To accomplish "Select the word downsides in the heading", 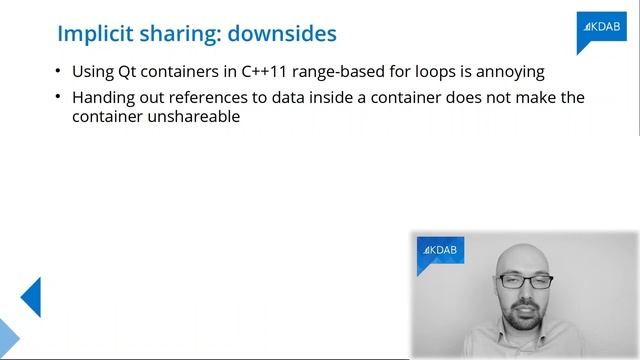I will click(282, 34).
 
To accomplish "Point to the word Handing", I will click(105, 97).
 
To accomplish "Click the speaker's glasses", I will click(524, 282).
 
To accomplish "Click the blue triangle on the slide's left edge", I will click(30, 297).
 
